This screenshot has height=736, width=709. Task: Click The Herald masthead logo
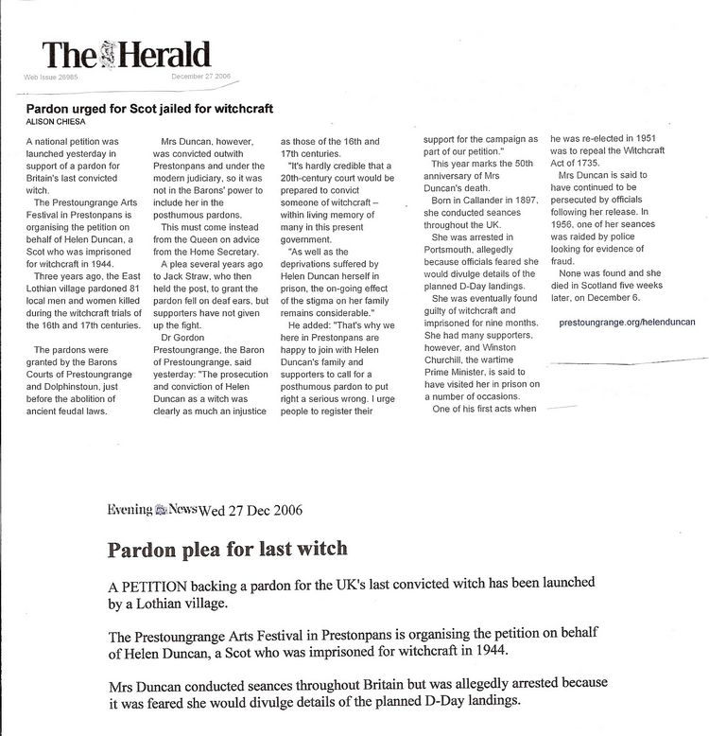pyautogui.click(x=126, y=54)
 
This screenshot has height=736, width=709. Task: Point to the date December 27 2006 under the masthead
pyautogui.click(x=201, y=77)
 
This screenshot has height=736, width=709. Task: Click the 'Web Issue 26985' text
pyautogui.click(x=50, y=77)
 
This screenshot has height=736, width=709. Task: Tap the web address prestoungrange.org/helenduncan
pyautogui.click(x=627, y=322)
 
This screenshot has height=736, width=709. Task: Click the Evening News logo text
pyautogui.click(x=151, y=509)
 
